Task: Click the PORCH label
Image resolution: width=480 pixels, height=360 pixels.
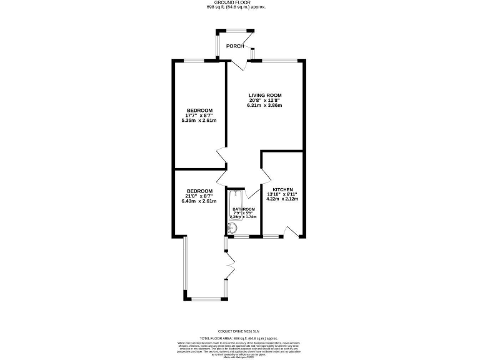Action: point(235,46)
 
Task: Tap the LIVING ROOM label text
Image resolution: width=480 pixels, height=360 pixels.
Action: point(265,95)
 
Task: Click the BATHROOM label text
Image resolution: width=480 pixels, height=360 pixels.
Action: point(244,209)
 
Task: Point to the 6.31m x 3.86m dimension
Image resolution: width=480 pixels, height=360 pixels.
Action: point(265,106)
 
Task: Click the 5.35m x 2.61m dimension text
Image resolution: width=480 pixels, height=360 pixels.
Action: point(199,121)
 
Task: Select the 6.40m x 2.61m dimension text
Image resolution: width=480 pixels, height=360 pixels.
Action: point(199,201)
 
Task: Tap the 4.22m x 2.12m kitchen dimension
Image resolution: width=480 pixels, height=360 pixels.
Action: point(282,199)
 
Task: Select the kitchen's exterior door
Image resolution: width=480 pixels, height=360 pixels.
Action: point(289,232)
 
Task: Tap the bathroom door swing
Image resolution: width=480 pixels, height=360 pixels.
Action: point(252,192)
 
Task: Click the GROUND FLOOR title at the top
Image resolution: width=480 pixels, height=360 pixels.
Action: point(240,2)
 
